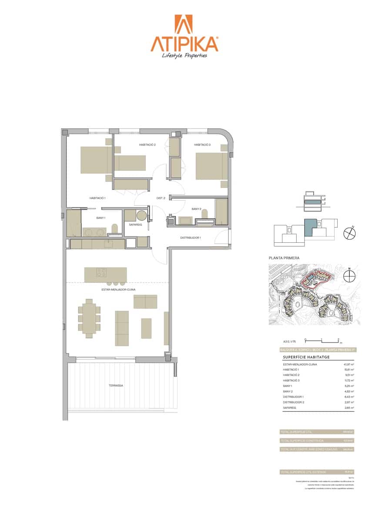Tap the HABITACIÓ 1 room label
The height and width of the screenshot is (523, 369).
97,198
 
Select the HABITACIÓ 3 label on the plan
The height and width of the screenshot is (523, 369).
202,145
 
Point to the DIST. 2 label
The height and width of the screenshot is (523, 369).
161,198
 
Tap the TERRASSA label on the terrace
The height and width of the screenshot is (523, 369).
116,386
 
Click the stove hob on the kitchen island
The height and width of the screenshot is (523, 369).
101,273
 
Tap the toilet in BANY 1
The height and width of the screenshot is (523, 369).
115,229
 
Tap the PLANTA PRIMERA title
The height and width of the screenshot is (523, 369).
284,258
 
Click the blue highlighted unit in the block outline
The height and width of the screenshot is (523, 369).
309,227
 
